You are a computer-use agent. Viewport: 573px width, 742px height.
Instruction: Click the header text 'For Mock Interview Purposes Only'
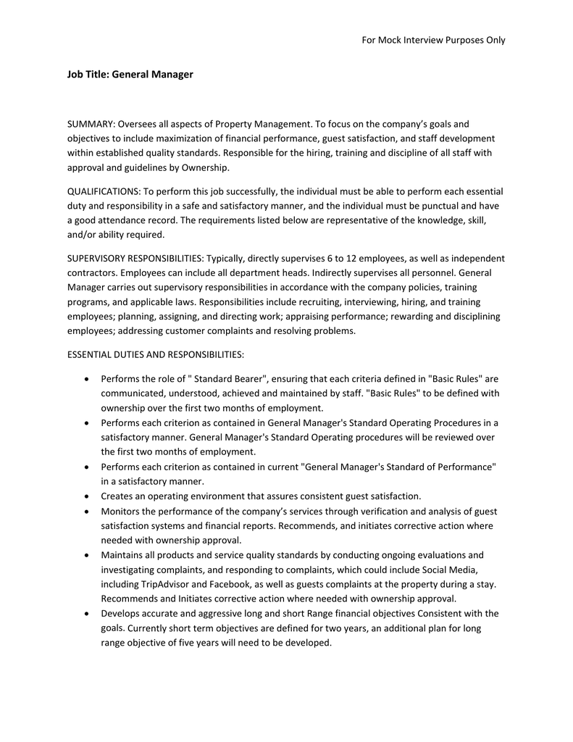[x=433, y=40]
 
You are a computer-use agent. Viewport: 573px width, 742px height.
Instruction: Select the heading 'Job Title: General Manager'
[x=130, y=74]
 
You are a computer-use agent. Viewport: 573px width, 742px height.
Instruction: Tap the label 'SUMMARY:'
[x=91, y=124]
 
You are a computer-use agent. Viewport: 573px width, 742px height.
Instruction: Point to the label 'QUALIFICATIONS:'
[x=104, y=191]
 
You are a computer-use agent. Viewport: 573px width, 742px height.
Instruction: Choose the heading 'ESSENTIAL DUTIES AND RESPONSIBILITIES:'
[x=156, y=354]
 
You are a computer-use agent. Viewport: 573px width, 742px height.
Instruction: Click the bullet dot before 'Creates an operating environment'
[x=88, y=496]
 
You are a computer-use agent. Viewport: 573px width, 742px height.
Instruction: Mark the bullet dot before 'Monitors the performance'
[x=88, y=512]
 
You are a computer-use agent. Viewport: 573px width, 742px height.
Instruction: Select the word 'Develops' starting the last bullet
[x=121, y=613]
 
